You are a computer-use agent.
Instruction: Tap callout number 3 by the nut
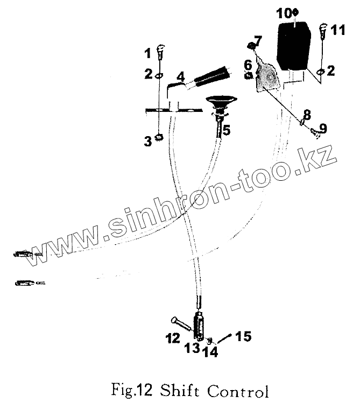(x=147, y=142)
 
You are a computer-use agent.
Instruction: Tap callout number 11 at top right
(x=337, y=30)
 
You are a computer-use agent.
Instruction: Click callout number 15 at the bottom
(x=243, y=337)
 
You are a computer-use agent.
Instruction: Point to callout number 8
(x=306, y=114)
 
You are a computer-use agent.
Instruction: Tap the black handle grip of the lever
(x=213, y=79)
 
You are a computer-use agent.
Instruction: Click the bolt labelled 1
(x=160, y=53)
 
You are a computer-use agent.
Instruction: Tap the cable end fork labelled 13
(x=200, y=326)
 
